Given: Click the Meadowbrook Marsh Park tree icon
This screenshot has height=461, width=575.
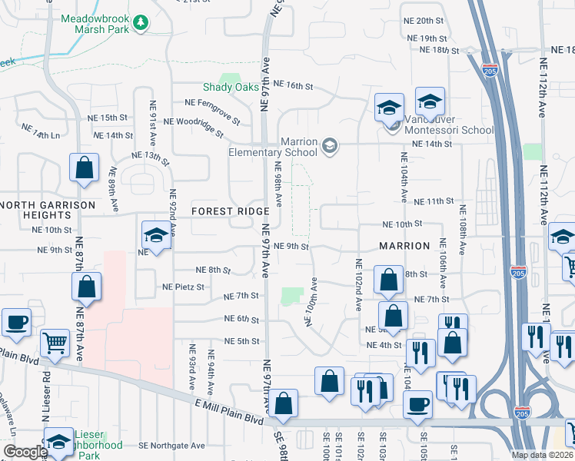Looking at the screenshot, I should click(x=140, y=24).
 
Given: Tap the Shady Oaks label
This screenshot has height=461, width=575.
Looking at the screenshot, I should click(x=231, y=87).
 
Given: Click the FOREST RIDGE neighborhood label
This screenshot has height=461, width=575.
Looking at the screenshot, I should click(x=231, y=211).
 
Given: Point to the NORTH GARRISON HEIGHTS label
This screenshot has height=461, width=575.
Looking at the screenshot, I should click(x=48, y=211).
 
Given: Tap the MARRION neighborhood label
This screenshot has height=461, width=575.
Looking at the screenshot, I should click(x=404, y=246).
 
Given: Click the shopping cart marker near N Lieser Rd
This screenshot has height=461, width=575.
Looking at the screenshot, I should click(x=55, y=343).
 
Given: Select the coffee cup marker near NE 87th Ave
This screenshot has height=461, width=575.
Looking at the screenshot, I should click(x=16, y=323).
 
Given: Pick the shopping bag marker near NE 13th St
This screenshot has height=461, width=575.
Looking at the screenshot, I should click(x=84, y=168).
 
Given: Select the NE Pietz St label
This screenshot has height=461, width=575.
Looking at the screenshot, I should click(x=183, y=287).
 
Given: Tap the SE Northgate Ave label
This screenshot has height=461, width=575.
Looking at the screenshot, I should click(x=171, y=446).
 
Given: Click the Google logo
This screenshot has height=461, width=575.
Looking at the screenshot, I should click(x=25, y=452).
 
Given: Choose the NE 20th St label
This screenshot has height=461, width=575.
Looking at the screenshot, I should click(x=425, y=21).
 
